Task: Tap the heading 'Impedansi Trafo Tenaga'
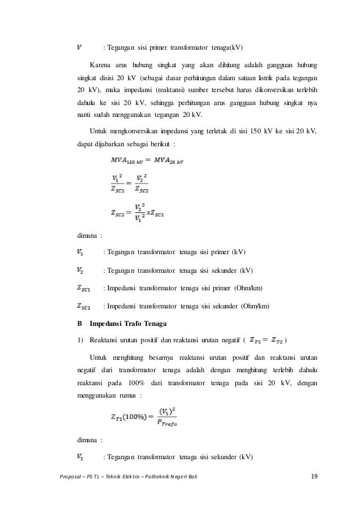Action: pyautogui.click(x=122, y=324)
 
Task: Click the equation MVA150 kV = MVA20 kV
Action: pyautogui.click(x=146, y=160)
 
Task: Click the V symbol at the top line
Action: pyautogui.click(x=81, y=46)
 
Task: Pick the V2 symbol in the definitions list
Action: pyautogui.click(x=81, y=270)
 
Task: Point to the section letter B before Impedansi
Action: pyautogui.click(x=79, y=324)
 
